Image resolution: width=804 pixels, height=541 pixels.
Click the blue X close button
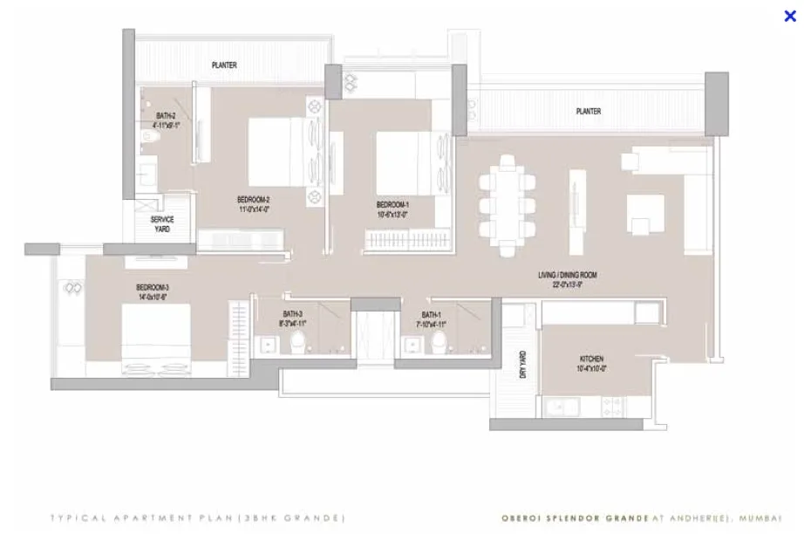pos(790,16)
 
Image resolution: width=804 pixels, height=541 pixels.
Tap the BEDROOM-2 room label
pos(254,203)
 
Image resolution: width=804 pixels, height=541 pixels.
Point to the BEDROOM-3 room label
pos(152,292)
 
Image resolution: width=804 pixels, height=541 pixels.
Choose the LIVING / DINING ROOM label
pos(567,280)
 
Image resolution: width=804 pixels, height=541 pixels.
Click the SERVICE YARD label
pos(162,224)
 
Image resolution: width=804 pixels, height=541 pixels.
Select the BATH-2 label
pos(167,120)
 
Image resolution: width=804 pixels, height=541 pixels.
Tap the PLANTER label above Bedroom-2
pos(224,65)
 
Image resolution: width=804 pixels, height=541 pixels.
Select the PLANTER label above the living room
pos(589,112)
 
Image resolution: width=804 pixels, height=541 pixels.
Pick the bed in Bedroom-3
pos(156,336)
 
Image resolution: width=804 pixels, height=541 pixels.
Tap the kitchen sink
pos(559,407)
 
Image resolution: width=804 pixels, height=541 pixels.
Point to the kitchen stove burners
pos(611,406)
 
